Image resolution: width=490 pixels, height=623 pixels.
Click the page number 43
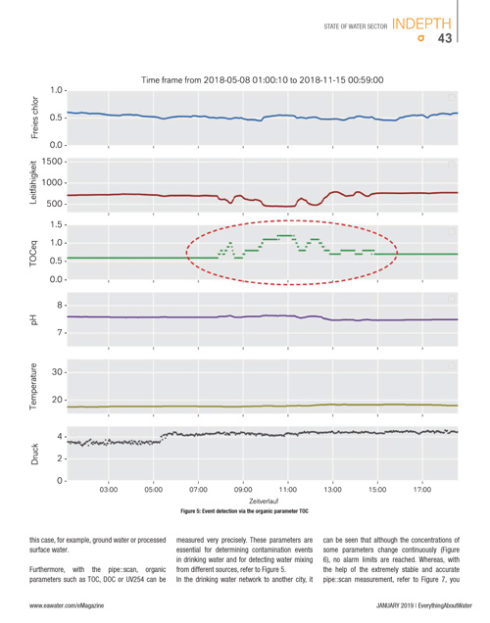click(445, 38)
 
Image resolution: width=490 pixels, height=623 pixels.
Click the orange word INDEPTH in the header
click(421, 24)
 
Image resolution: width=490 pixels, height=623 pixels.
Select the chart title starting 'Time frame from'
click(263, 80)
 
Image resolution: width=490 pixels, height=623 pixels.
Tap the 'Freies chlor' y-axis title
click(34, 118)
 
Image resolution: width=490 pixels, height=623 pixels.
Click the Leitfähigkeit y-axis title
click(33, 182)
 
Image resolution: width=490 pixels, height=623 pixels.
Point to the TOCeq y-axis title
click(33, 253)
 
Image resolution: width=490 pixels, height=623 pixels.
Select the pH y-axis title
click(33, 319)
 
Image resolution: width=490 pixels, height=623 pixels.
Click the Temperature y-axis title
click(33, 386)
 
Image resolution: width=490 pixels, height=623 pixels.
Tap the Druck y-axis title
click(34, 455)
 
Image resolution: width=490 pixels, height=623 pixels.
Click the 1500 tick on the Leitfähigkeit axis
click(52, 162)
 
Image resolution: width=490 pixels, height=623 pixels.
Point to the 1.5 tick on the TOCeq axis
click(56, 225)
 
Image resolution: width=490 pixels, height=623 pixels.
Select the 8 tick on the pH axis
click(60, 306)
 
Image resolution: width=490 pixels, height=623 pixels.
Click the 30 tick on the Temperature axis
click(57, 372)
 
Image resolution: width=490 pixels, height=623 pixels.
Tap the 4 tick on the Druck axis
click(60, 436)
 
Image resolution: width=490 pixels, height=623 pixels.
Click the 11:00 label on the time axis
click(288, 490)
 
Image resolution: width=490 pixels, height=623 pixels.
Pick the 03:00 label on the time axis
click(109, 490)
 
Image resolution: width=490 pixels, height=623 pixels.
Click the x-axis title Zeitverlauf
click(264, 501)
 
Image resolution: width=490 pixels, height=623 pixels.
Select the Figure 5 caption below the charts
click(244, 511)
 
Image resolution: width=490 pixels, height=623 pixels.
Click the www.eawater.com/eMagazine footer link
click(67, 605)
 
